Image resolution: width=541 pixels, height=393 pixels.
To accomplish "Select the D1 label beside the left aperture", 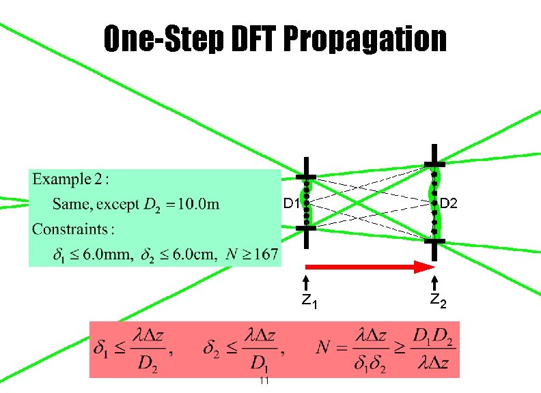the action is click(x=291, y=204).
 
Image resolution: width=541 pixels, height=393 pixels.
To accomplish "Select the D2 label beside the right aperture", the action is click(x=451, y=203).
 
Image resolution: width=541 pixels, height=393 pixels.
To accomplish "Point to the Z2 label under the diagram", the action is click(x=437, y=301).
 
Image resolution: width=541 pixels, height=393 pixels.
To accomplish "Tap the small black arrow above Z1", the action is click(x=307, y=282).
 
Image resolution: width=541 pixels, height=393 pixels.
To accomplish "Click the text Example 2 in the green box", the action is click(x=71, y=180).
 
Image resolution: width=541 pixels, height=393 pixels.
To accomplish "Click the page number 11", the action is click(x=264, y=381).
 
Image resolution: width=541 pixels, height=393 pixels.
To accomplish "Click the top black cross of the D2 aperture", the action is click(x=433, y=163).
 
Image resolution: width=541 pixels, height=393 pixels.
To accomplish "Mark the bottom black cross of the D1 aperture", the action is click(x=307, y=229).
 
